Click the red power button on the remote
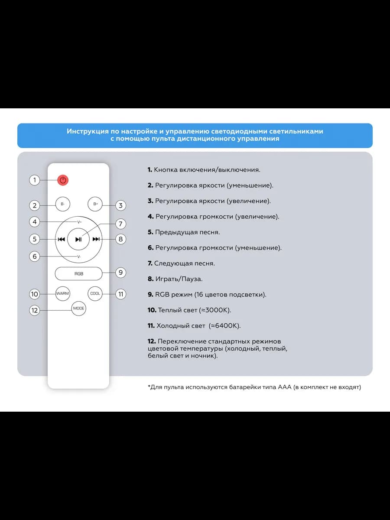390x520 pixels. coord(63,180)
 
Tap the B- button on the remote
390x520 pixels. coord(63,204)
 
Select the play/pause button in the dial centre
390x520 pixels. coord(78,239)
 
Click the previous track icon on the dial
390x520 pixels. coord(62,239)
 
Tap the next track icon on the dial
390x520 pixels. coord(96,239)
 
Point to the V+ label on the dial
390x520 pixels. coord(79,222)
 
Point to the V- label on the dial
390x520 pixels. coord(79,257)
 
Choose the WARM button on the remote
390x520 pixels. coord(62,293)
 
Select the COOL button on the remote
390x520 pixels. coord(95,293)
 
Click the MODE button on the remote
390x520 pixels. coord(78,309)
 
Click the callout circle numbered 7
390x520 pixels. coord(120,224)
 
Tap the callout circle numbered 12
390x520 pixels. coord(35,310)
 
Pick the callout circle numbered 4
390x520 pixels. coord(35,222)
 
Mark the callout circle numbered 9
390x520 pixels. coord(120,273)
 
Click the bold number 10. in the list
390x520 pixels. coord(152,310)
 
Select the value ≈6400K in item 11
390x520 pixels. coord(224,326)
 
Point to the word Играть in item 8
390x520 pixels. coord(166,279)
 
